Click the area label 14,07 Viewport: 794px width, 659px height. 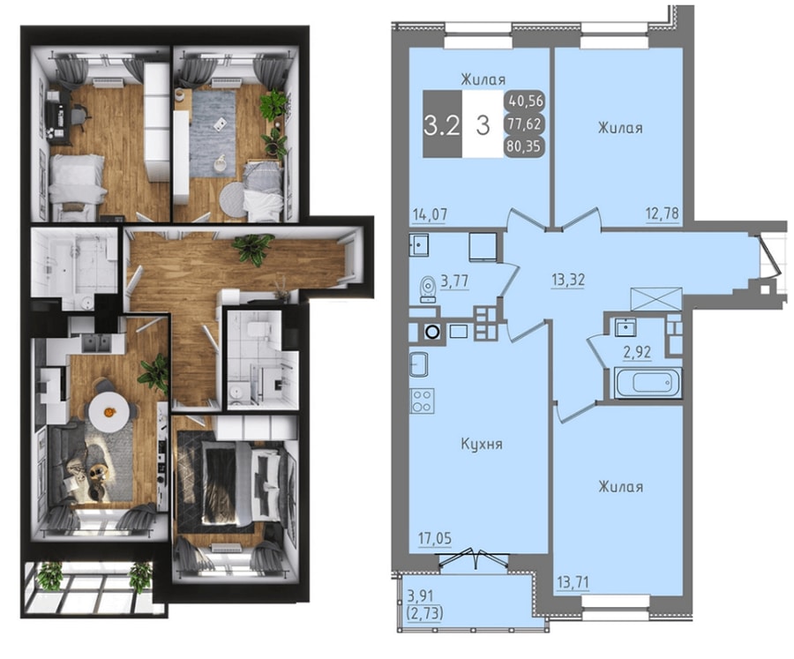click(x=430, y=214)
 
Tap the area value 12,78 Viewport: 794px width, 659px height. click(x=662, y=213)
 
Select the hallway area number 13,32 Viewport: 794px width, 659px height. click(x=568, y=280)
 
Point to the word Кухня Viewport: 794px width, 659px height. click(x=482, y=444)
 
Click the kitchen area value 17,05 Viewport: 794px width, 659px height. click(x=435, y=538)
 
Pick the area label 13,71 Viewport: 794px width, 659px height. click(x=573, y=583)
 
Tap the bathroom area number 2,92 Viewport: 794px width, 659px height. click(x=637, y=352)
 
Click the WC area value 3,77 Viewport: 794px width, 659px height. click(x=454, y=281)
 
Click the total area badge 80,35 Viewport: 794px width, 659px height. click(x=523, y=146)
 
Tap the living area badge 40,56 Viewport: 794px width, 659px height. click(x=523, y=101)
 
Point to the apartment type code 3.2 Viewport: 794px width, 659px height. click(x=442, y=125)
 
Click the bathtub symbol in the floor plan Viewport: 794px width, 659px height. click(x=648, y=383)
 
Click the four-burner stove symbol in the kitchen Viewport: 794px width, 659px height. click(x=422, y=401)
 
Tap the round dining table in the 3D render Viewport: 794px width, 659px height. click(x=109, y=411)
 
